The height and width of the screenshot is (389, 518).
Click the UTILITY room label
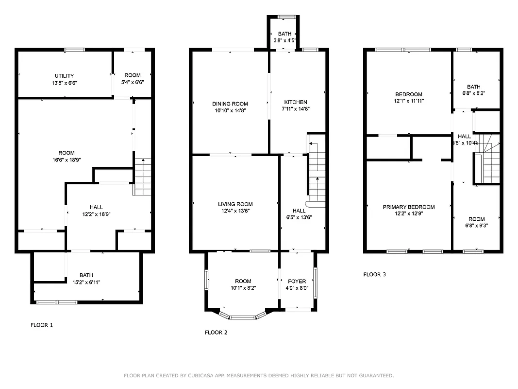click(x=64, y=76)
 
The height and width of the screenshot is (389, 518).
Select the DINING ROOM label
click(x=230, y=104)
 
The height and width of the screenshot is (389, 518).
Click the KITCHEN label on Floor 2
click(x=296, y=102)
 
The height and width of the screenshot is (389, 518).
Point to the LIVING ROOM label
click(x=235, y=204)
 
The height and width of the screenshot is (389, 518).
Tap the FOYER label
click(x=297, y=281)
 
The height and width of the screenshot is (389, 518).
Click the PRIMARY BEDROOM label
click(x=409, y=207)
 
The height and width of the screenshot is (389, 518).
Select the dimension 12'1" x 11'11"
click(x=409, y=101)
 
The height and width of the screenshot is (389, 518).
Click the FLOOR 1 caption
click(x=42, y=325)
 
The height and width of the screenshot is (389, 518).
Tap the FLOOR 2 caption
click(x=216, y=333)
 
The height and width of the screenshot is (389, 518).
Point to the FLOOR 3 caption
click(x=375, y=274)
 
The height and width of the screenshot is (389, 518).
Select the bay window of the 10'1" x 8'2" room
click(x=242, y=317)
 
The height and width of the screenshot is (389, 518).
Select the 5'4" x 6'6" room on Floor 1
click(x=132, y=78)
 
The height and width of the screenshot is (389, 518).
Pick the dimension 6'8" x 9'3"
click(x=476, y=226)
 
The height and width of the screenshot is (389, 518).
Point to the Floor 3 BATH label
click(x=474, y=87)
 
